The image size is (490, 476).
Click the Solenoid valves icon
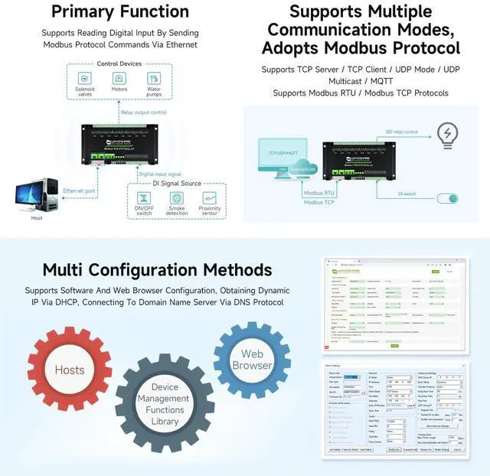(x=86, y=79)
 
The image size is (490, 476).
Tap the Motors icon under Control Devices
(x=119, y=79)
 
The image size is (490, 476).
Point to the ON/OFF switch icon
(x=143, y=197)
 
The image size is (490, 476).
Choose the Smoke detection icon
(x=177, y=197)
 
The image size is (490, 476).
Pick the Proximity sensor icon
(x=210, y=197)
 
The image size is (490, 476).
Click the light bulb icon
(x=446, y=135)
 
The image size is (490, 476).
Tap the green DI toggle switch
(x=447, y=198)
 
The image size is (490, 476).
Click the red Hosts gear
(x=70, y=370)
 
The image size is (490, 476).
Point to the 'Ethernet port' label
(x=79, y=190)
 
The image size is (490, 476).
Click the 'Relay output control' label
(x=143, y=112)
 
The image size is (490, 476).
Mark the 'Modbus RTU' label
(x=319, y=194)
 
